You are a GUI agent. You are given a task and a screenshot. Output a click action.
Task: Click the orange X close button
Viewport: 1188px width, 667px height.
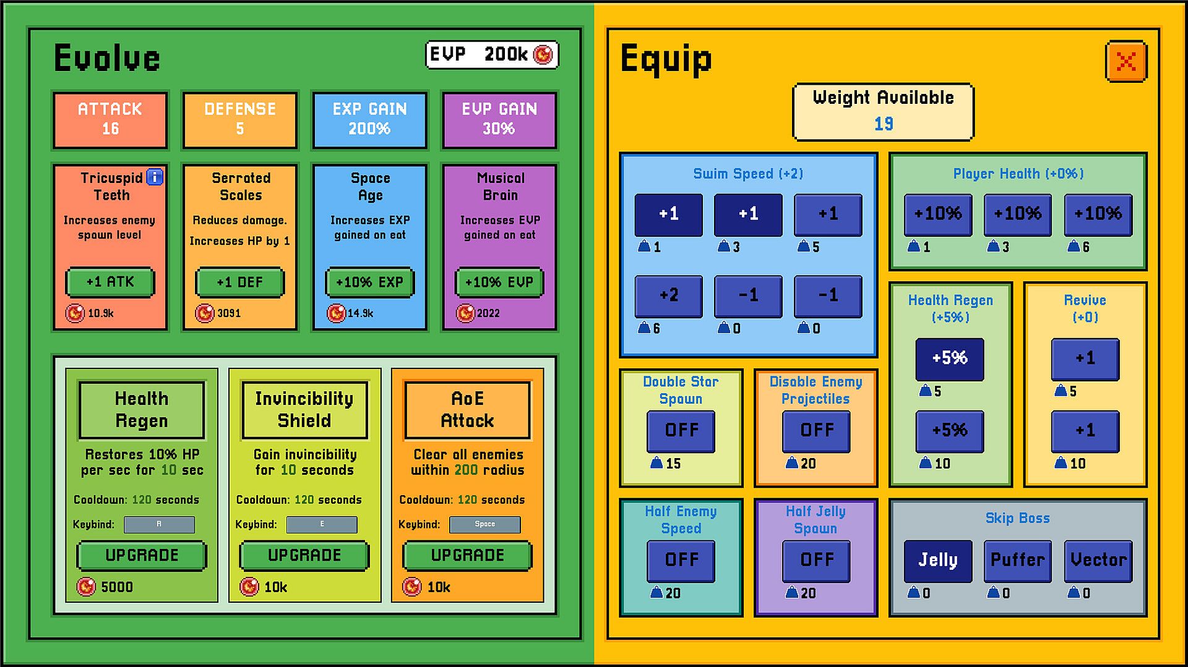[1126, 61]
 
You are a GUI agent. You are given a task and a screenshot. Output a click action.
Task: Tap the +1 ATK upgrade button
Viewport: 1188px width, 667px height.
[110, 282]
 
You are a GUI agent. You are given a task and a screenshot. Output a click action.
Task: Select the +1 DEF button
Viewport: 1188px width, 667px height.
[240, 282]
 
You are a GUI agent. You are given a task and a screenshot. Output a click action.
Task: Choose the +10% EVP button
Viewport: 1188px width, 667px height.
[499, 282]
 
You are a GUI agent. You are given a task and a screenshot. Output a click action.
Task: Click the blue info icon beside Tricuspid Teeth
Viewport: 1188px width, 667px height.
[155, 177]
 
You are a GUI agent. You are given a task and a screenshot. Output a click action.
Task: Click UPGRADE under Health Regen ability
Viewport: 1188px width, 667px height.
[142, 555]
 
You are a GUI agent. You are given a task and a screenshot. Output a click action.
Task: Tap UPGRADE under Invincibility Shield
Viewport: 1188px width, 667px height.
[304, 555]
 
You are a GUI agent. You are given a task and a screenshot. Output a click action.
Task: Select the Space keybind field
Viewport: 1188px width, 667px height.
[484, 524]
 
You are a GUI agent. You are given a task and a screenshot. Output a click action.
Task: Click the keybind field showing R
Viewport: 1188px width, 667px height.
[159, 524]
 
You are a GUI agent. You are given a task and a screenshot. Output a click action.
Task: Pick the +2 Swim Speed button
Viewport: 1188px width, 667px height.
[668, 295]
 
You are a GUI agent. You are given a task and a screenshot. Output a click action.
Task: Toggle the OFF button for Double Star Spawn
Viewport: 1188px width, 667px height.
[681, 430]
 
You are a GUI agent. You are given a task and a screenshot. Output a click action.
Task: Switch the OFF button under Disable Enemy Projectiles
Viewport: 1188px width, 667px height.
[816, 430]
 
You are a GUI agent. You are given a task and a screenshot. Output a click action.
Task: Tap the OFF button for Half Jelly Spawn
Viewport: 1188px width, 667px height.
[816, 560]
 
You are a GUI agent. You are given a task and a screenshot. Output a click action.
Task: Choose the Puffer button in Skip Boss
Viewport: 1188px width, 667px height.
[1017, 560]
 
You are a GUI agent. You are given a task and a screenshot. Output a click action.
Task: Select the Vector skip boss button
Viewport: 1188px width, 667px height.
[1098, 560]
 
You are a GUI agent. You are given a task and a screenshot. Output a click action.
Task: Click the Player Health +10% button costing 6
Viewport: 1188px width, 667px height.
[1098, 214]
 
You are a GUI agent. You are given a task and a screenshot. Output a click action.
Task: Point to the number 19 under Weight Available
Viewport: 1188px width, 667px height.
[884, 124]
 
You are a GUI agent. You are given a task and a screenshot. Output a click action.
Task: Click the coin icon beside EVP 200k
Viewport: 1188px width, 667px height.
[543, 55]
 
